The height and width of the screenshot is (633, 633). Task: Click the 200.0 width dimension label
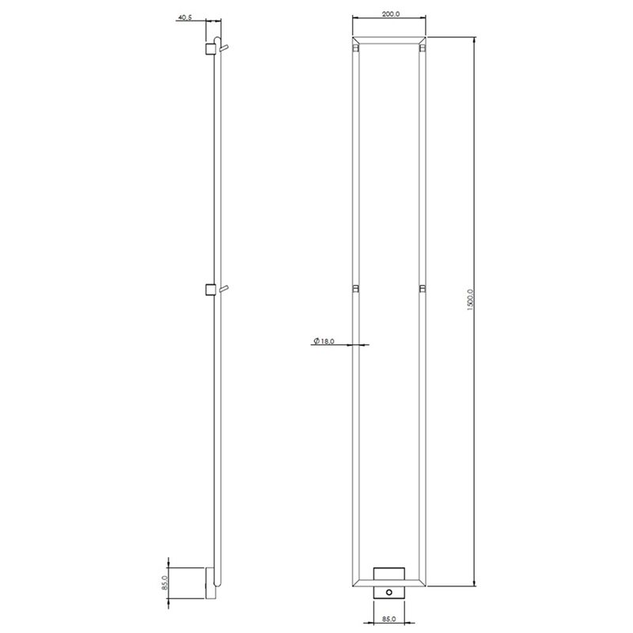[390, 13]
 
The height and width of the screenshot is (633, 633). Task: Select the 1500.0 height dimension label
[470, 299]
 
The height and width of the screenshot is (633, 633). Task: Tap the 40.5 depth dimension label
[184, 17]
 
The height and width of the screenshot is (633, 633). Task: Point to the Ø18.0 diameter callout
[324, 341]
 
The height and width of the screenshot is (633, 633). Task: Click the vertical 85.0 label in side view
[165, 583]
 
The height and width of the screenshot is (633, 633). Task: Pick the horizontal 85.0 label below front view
[389, 619]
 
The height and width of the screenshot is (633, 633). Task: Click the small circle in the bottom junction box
[389, 592]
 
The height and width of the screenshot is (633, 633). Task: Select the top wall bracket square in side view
[210, 48]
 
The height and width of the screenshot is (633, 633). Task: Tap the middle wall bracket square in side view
[210, 290]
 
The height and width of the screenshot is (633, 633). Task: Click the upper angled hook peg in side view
[225, 48]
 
